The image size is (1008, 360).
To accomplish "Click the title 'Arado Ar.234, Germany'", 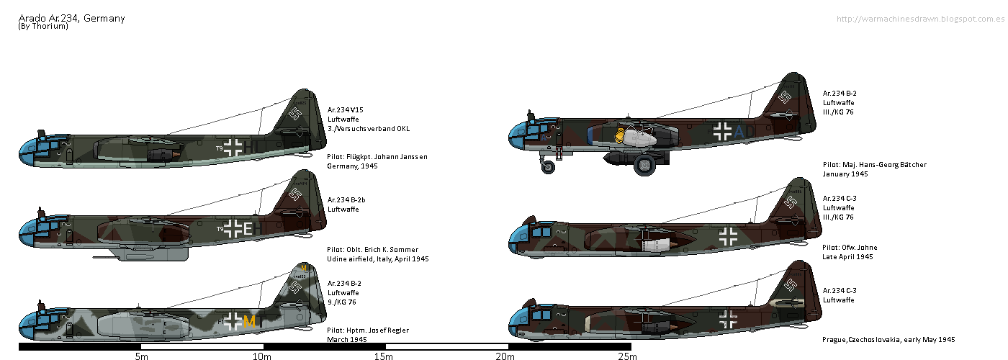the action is coord(71,18).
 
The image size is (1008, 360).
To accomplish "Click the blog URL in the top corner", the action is coord(921,18).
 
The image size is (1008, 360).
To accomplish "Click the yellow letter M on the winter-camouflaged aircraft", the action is coord(249,322).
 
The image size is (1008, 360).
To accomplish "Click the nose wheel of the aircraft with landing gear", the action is coord(548,168).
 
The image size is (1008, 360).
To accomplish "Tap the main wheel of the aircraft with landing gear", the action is coord(644,168).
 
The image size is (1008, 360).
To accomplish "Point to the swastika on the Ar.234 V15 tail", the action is coord(296,112).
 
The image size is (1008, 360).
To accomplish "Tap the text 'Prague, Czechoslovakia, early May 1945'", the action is coord(888,339).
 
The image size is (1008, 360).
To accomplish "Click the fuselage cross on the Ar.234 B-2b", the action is coord(233,229).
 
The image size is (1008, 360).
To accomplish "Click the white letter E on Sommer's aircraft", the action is coord(248,229).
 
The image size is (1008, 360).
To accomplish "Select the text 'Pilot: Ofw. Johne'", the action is coord(850,248).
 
